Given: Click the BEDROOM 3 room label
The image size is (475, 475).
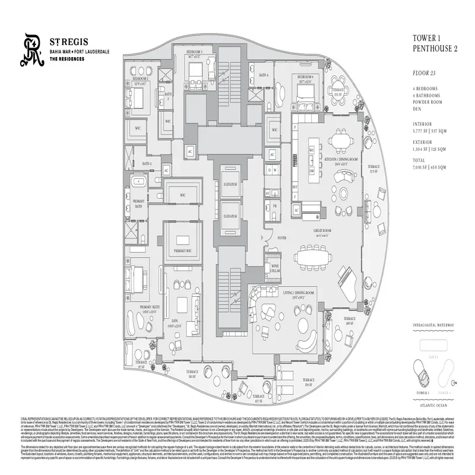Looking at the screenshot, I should (194, 52).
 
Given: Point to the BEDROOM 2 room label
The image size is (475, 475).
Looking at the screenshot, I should (141, 78).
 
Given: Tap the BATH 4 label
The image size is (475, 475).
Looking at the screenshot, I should (264, 75).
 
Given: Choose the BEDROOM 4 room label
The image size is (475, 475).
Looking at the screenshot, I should (305, 77).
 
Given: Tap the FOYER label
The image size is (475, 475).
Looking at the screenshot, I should (281, 237).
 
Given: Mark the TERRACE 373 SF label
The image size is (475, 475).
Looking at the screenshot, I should (373, 169).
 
